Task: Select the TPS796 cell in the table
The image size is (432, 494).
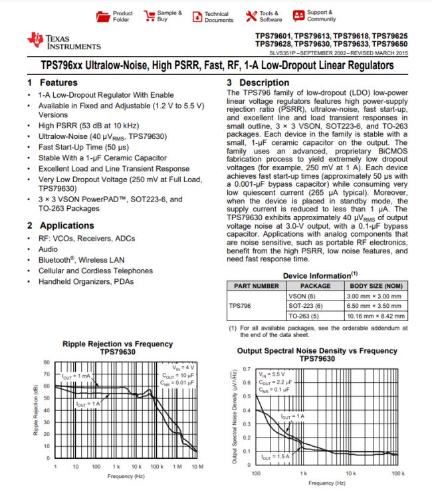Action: coord(240,307)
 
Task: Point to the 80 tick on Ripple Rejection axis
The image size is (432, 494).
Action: coord(46,362)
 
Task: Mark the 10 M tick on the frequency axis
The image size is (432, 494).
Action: coord(197,467)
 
